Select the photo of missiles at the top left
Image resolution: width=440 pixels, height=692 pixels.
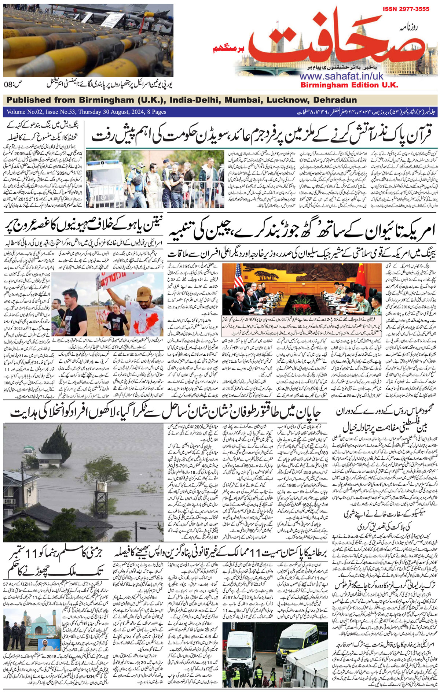click(88, 40)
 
